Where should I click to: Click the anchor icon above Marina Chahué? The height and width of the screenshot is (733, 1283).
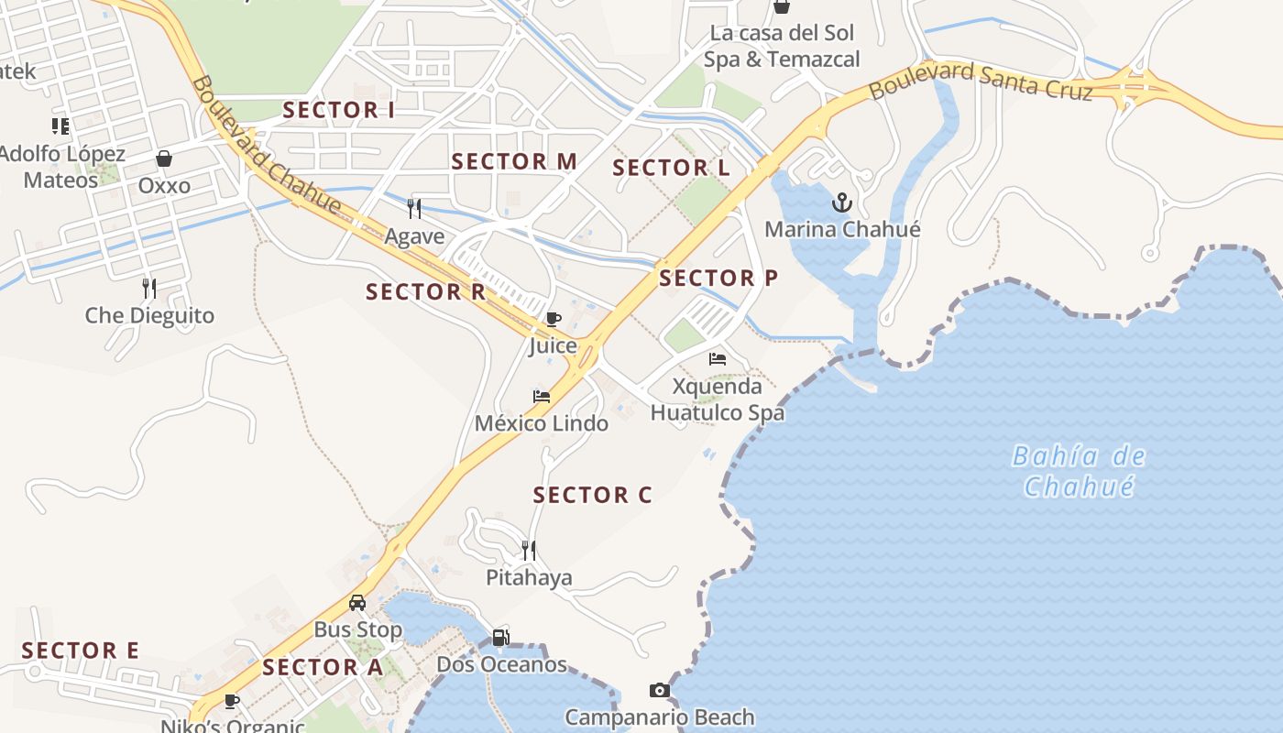click(841, 202)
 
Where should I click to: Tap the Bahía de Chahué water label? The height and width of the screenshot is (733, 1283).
click(1080, 470)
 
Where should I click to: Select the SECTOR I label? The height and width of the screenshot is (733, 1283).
click(338, 111)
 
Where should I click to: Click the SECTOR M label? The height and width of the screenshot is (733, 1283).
click(514, 162)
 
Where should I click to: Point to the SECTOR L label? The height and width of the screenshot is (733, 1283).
click(672, 169)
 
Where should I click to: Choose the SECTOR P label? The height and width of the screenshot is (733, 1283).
click(718, 279)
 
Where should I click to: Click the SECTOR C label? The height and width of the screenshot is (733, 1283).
click(592, 496)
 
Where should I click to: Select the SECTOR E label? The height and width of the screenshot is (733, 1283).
click(80, 651)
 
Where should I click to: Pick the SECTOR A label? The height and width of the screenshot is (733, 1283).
click(323, 668)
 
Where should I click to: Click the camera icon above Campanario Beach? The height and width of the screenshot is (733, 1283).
click(659, 690)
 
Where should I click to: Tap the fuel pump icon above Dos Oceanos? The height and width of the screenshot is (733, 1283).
click(500, 637)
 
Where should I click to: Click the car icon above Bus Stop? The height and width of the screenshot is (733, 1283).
click(357, 603)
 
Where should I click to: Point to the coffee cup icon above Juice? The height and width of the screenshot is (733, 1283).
click(553, 319)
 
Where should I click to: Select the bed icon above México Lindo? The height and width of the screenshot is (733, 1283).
click(542, 397)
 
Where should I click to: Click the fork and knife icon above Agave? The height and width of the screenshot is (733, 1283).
click(414, 209)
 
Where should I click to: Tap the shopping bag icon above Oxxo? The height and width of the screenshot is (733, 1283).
click(164, 159)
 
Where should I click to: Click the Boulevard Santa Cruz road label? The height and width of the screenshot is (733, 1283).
click(981, 82)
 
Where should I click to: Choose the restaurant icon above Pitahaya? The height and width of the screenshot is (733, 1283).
click(528, 550)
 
